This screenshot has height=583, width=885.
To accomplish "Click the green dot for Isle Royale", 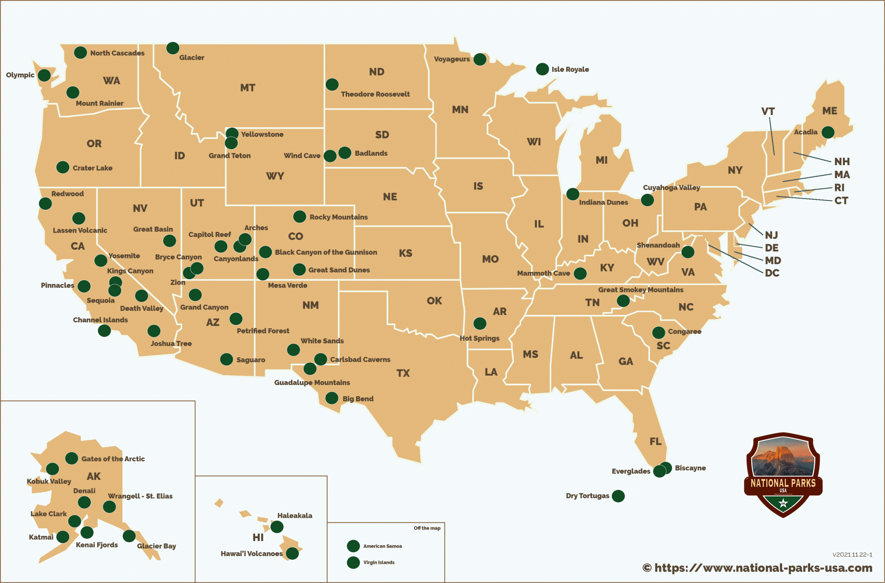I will pyautogui.click(x=542, y=69).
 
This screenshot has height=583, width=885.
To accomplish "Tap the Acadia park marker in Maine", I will pyautogui.click(x=828, y=132).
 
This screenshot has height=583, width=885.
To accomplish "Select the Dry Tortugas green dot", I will pyautogui.click(x=618, y=496).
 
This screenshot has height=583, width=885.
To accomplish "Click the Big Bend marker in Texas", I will pyautogui.click(x=332, y=398).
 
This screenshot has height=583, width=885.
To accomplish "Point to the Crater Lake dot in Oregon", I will pyautogui.click(x=63, y=167).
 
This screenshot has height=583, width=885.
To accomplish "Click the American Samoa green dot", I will pyautogui.click(x=353, y=546).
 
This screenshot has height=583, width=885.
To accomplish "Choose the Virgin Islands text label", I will pyautogui.click(x=379, y=562).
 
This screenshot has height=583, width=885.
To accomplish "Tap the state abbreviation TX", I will pyautogui.click(x=403, y=373).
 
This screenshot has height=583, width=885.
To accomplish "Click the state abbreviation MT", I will pyautogui.click(x=248, y=88).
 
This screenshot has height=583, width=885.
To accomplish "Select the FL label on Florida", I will pyautogui.click(x=655, y=441).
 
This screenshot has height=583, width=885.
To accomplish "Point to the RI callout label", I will pyautogui.click(x=839, y=187).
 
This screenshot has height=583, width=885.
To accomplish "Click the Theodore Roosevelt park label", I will pyautogui.click(x=375, y=94).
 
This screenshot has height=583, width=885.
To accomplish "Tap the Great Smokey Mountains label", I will pyautogui.click(x=640, y=290).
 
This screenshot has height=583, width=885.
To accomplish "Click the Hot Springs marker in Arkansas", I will pyautogui.click(x=480, y=323).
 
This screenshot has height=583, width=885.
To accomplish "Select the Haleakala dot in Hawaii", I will pyautogui.click(x=277, y=527).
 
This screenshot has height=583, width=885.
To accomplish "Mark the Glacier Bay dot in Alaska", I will pyautogui.click(x=129, y=536).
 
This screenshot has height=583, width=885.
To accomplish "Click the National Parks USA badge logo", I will pyautogui.click(x=783, y=475).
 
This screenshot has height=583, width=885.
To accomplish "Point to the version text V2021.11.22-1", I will pyautogui.click(x=852, y=554).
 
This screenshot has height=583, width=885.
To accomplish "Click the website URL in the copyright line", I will pyautogui.click(x=763, y=568).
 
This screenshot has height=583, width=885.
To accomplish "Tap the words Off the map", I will pyautogui.click(x=427, y=528).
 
